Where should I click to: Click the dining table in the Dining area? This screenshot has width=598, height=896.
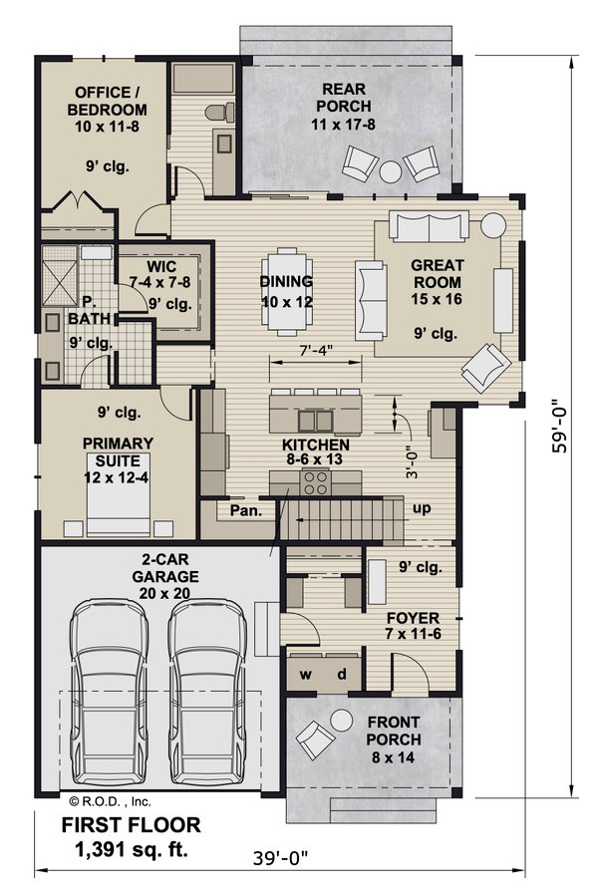(x=286, y=289)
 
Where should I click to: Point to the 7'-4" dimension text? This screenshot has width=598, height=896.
(x=314, y=351)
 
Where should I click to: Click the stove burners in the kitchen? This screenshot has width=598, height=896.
(x=316, y=483)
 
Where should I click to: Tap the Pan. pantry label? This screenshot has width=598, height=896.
(x=245, y=511)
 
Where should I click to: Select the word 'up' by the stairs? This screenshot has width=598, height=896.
(x=422, y=508)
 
